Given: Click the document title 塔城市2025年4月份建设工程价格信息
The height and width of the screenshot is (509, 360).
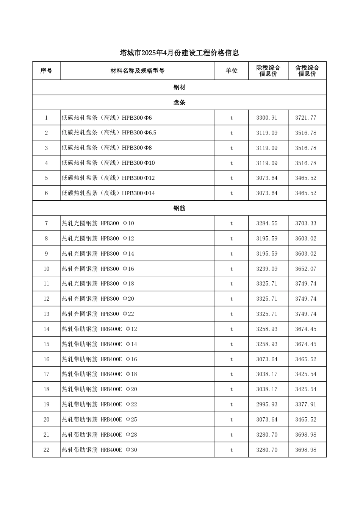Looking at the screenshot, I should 179,53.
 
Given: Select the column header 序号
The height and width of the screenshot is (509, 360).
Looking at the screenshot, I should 46,71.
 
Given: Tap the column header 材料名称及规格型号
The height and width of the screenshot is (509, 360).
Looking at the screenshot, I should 138,71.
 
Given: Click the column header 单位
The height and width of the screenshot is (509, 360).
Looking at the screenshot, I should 232,71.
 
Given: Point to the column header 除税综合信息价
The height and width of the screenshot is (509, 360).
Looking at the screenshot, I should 268,71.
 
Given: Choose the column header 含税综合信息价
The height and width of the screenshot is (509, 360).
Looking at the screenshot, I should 307,71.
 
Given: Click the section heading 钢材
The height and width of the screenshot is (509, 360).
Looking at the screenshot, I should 179,87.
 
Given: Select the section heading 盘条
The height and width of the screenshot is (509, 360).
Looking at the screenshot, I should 179,103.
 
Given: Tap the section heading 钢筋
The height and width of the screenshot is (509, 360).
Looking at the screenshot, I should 179,208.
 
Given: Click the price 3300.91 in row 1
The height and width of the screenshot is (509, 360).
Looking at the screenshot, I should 267,118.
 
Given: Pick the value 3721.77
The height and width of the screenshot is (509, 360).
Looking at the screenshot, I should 306,118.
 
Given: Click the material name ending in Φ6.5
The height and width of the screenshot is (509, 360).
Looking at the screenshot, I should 109,133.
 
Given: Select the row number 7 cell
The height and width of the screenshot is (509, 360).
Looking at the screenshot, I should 46,223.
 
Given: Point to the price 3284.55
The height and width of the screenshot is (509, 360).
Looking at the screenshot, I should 267,223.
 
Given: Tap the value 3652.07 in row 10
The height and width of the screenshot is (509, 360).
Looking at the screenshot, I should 306,269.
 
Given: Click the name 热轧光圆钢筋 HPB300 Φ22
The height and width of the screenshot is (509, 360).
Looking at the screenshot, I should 98,314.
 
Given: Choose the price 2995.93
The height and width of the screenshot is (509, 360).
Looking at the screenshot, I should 267,404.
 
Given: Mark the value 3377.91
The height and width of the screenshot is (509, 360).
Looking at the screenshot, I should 306,404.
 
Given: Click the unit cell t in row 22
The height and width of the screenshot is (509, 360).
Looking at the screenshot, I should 232,450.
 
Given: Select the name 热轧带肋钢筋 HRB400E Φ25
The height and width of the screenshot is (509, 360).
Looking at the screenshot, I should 100,420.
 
